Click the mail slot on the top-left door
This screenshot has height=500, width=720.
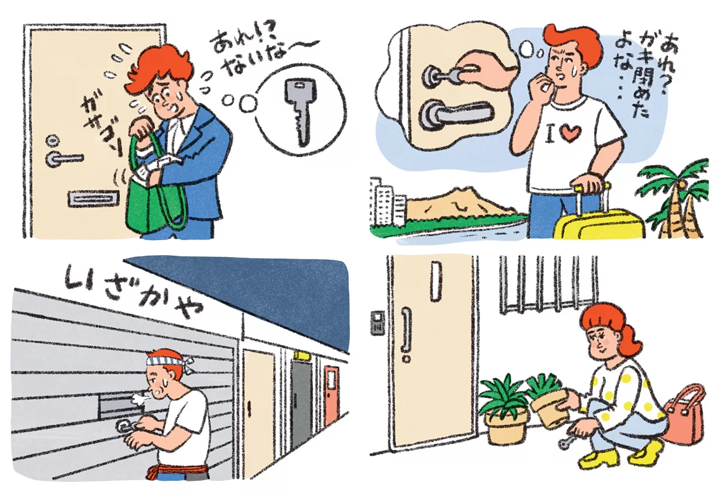coord(94,199)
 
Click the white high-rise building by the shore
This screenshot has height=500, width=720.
coord(386,201)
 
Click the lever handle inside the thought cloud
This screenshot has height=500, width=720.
coord(457,114)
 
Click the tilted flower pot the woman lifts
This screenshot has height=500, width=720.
coord(550,408)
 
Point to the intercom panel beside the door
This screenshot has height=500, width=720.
coord(377,323)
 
